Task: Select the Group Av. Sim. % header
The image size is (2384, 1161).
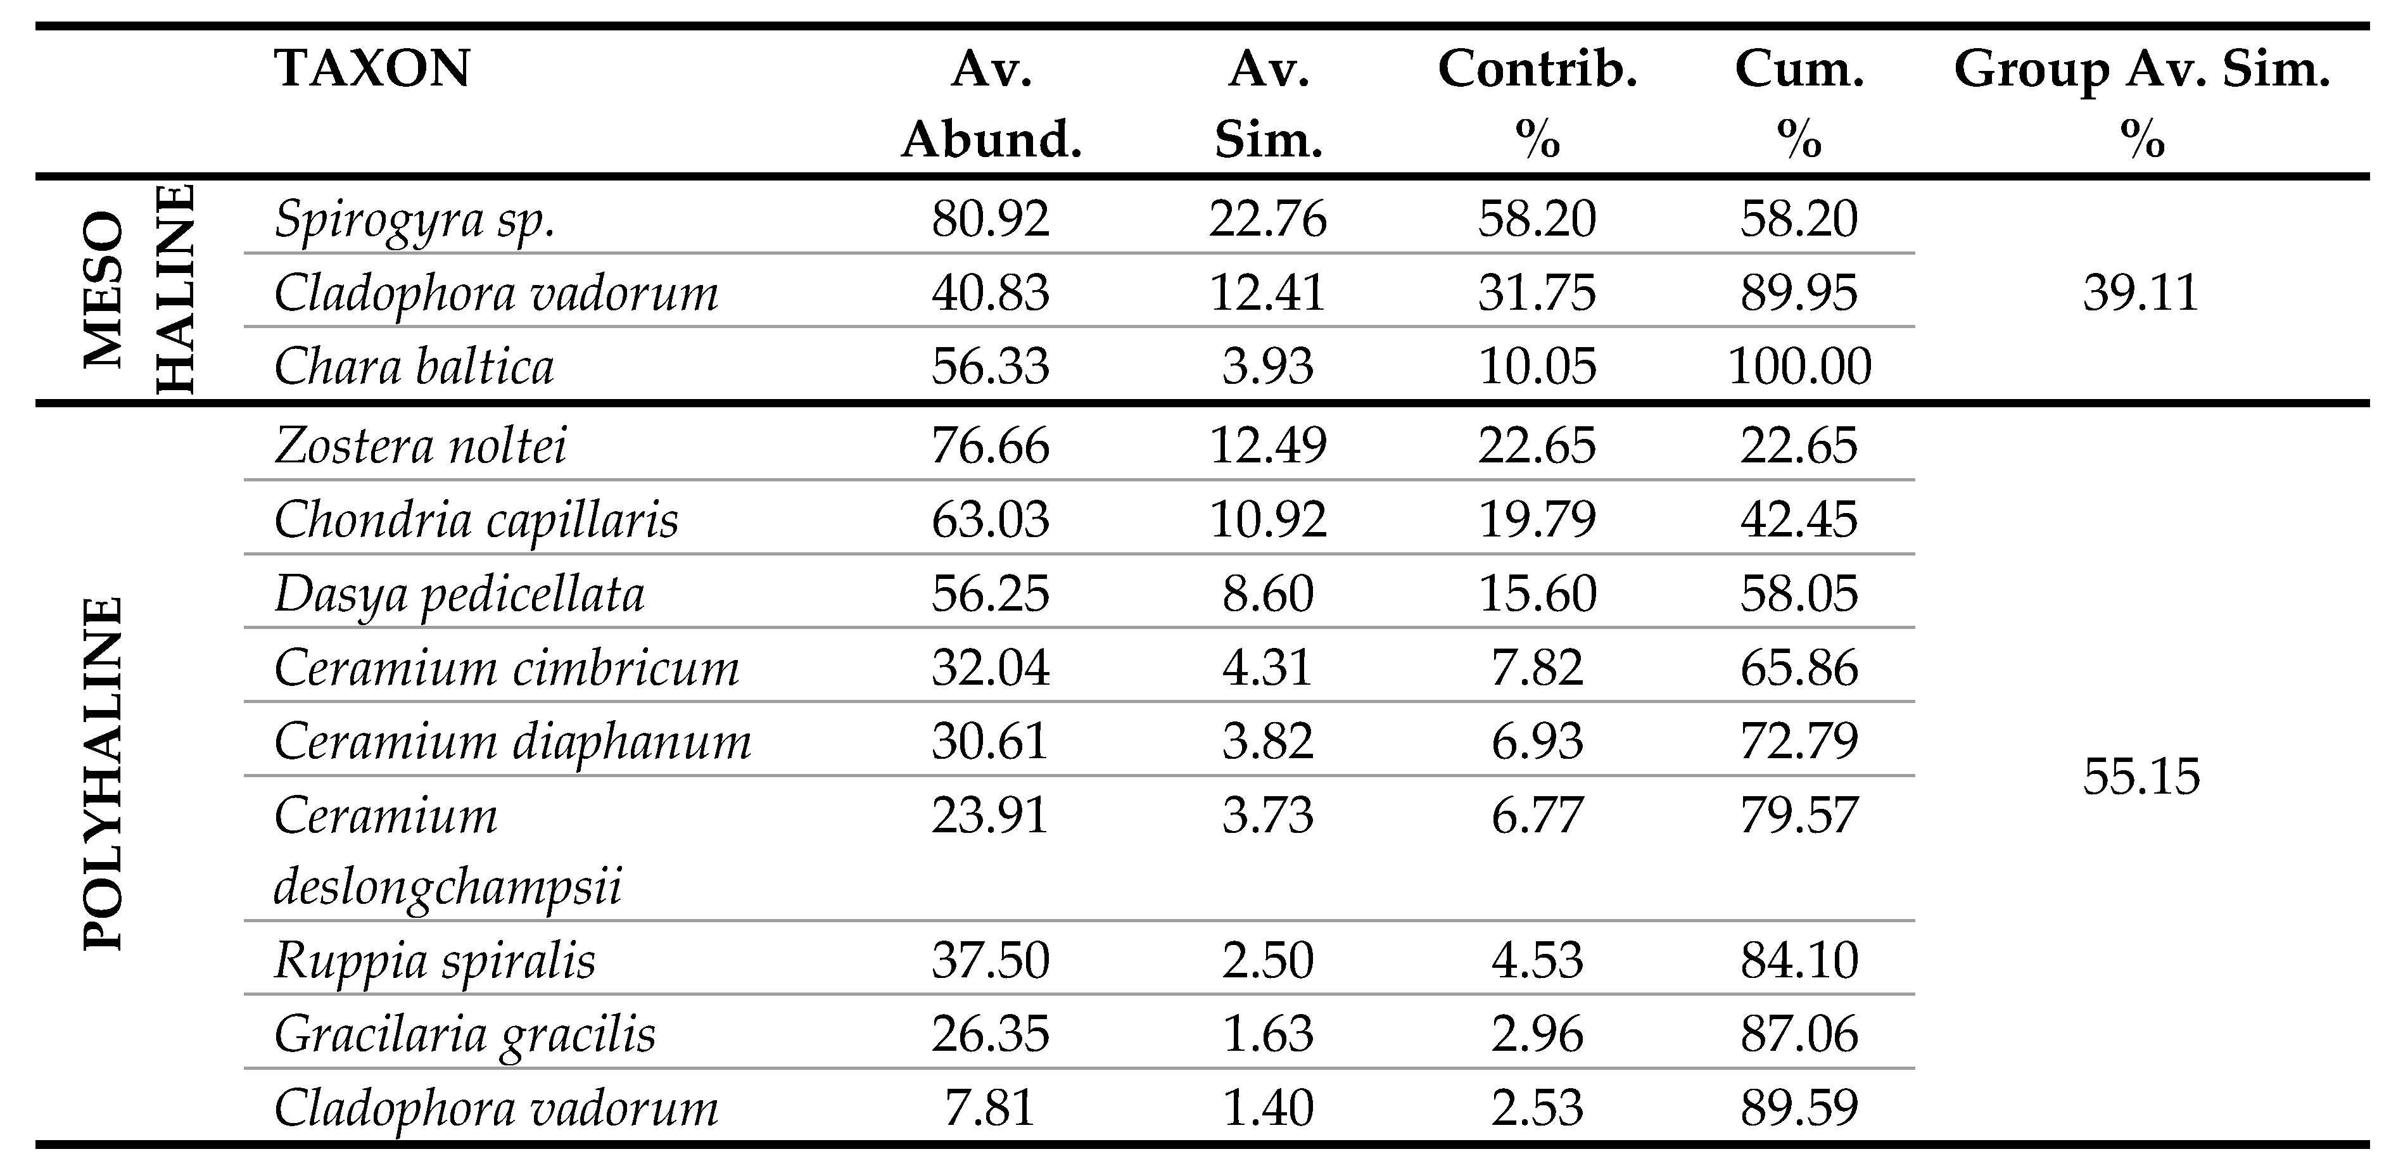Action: (x=2141, y=104)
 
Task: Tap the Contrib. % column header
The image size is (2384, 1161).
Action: (x=1537, y=104)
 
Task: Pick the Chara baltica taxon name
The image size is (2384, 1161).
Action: (x=414, y=367)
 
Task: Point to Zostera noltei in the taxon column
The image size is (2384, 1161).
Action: (x=420, y=445)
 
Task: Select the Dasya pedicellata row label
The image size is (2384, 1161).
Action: (x=459, y=593)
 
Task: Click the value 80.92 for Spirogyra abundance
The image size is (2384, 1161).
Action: (x=990, y=219)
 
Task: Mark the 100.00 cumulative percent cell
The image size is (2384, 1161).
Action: (x=1799, y=367)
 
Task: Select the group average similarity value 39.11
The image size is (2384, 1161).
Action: (x=2141, y=293)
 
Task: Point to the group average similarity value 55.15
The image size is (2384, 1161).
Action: (x=2141, y=776)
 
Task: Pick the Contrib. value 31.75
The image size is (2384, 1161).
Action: (x=1537, y=293)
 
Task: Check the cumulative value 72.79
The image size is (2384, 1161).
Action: (x=1799, y=740)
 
